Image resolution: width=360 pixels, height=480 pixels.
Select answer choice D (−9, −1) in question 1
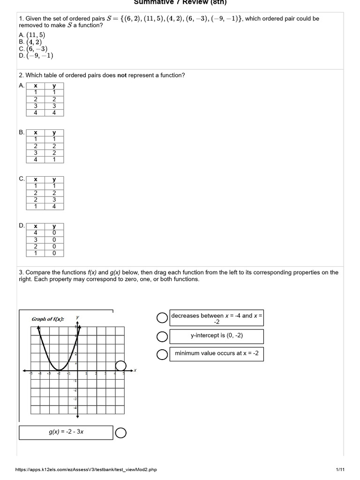36,55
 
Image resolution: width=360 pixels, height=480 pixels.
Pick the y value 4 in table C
54,207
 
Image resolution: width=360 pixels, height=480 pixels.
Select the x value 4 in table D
36,232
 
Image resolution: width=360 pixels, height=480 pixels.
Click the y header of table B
54,133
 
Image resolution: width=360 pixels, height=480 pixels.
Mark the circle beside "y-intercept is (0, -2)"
162,337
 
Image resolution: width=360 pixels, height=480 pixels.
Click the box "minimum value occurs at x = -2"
217,353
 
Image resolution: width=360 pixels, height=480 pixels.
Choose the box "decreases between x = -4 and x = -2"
217,319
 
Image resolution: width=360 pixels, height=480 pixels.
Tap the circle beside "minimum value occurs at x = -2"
162,355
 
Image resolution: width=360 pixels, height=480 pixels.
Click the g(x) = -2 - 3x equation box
66,432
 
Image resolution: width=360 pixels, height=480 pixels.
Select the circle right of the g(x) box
120,433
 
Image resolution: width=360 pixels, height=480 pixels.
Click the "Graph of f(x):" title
48,319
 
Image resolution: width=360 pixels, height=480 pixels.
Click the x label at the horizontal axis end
135,370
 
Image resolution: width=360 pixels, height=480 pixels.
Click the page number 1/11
340,470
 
